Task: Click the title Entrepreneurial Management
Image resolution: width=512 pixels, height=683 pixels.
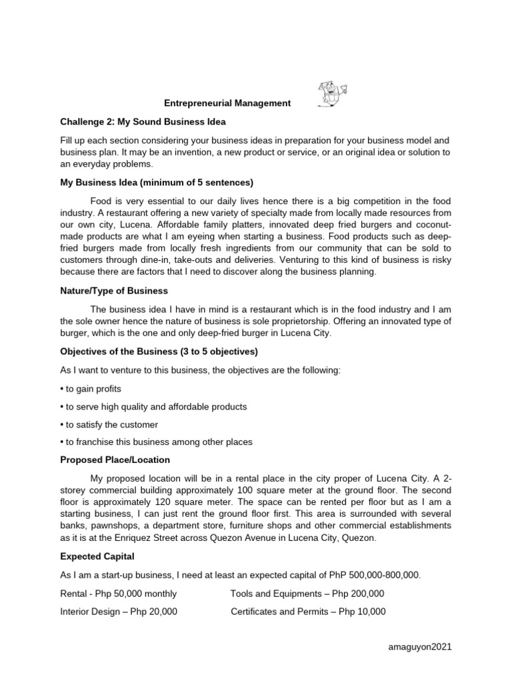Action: pyautogui.click(x=228, y=103)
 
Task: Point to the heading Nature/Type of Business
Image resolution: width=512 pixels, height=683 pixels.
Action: pyautogui.click(x=114, y=291)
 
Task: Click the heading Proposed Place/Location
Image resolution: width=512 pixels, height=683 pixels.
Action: pyautogui.click(x=115, y=460)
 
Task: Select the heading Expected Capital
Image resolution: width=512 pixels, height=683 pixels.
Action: pyautogui.click(x=97, y=557)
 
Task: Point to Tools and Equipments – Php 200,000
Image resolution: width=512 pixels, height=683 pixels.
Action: pyautogui.click(x=307, y=594)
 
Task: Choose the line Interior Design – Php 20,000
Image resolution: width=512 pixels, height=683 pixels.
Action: pyautogui.click(x=119, y=612)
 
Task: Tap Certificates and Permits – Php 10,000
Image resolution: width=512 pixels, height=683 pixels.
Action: pyautogui.click(x=308, y=612)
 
